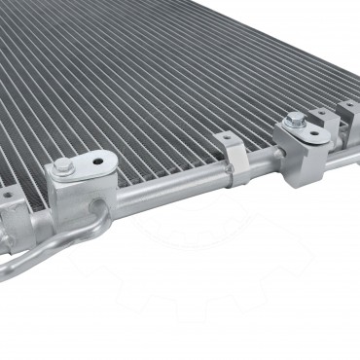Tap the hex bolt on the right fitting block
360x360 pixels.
[291, 125]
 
